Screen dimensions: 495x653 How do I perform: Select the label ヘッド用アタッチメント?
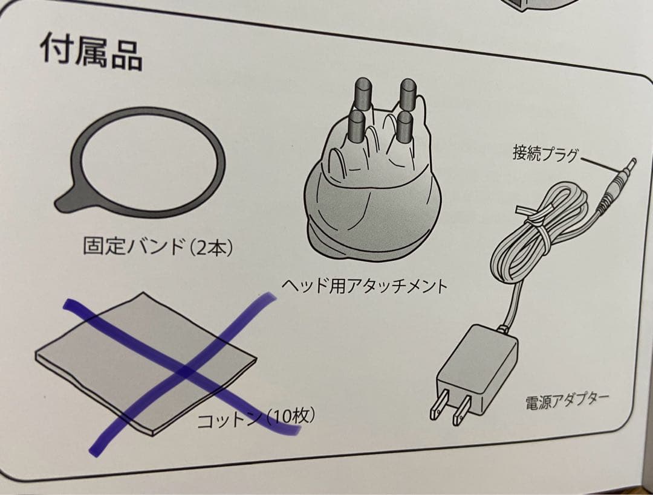(x=365, y=285)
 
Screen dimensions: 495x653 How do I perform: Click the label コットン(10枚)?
(x=256, y=418)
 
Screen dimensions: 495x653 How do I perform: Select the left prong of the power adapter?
(x=439, y=405)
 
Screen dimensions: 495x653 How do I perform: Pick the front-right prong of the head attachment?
(x=403, y=127)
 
